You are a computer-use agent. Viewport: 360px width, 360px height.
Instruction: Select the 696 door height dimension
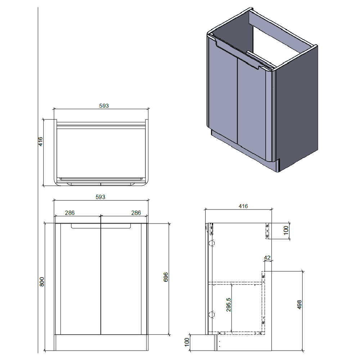tap(166, 278)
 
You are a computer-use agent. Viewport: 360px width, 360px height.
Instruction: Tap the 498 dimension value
tap(300, 304)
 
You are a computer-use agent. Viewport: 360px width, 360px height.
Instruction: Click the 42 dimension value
tap(267, 257)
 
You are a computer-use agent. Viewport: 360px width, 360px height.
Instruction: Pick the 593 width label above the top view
tap(104, 105)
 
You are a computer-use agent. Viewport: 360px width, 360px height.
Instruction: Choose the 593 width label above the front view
tap(100, 197)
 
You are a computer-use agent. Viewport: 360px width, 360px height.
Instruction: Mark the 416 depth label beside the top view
tap(41, 141)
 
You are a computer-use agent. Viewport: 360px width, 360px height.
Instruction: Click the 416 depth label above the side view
tap(243, 206)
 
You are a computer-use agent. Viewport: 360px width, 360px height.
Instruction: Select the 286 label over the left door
tap(69, 213)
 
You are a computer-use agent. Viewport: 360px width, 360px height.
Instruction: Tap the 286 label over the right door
tap(136, 213)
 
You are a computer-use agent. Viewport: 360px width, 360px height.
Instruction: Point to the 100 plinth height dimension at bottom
tap(187, 342)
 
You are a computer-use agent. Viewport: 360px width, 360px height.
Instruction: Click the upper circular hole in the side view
tap(212, 243)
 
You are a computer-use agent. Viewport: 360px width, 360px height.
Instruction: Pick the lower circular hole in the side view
tap(212, 315)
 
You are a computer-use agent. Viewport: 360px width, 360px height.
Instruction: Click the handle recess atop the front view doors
tap(100, 226)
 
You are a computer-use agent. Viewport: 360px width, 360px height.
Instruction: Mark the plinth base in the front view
tap(100, 343)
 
